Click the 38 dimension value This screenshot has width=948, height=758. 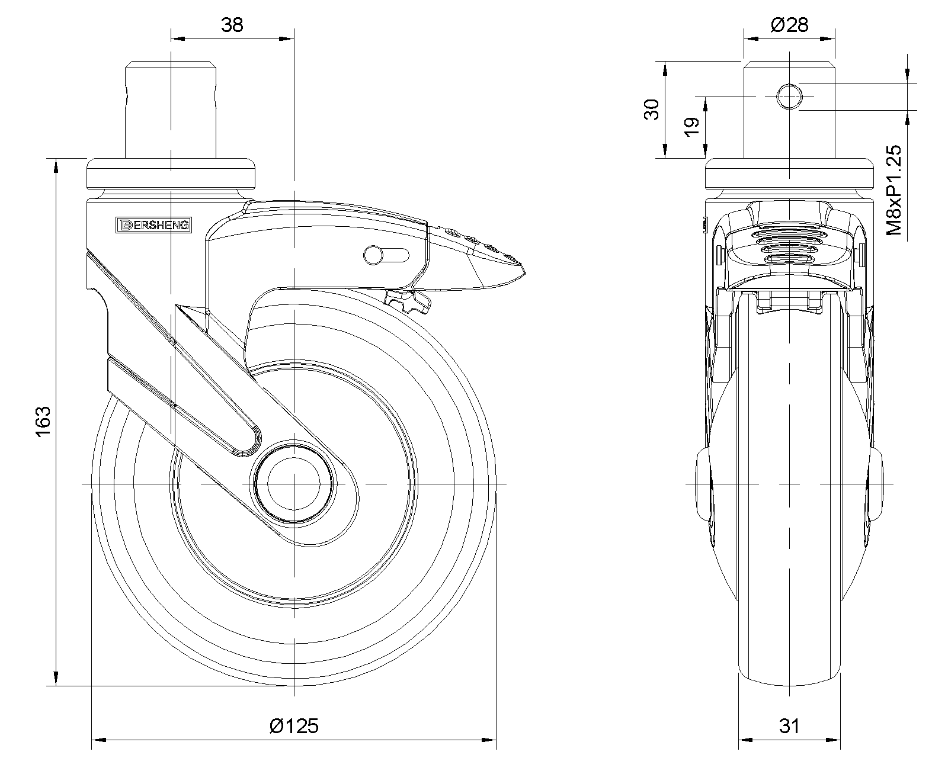pyautogui.click(x=232, y=25)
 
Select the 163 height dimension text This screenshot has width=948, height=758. pyautogui.click(x=43, y=422)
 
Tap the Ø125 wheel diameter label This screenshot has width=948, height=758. pyautogui.click(x=294, y=726)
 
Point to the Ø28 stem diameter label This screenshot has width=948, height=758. pyautogui.click(x=789, y=25)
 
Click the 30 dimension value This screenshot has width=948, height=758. pyautogui.click(x=652, y=110)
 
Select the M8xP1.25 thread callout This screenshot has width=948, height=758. pyautogui.click(x=894, y=190)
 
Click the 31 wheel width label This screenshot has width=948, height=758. pyautogui.click(x=789, y=726)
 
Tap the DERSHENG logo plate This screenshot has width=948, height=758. pyautogui.click(x=153, y=225)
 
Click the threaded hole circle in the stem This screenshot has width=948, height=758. pyautogui.click(x=789, y=97)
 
